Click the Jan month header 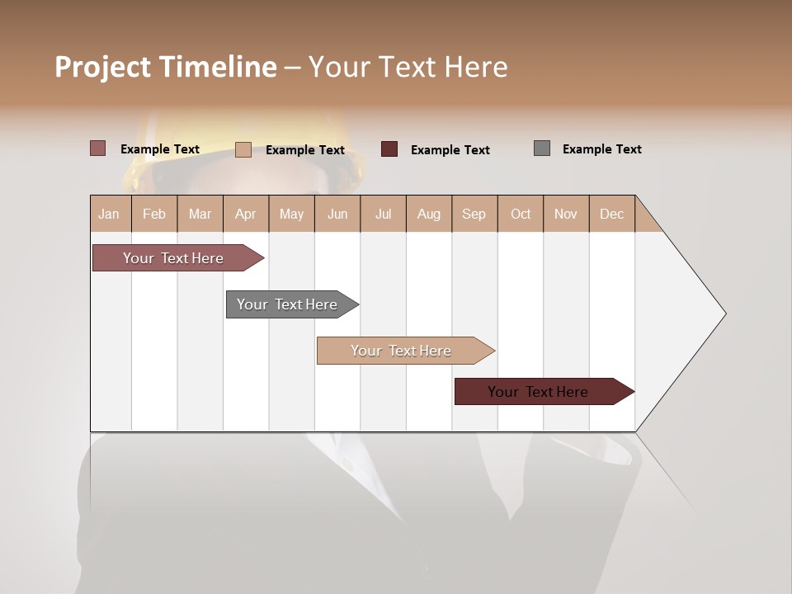pyautogui.click(x=110, y=214)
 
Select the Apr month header pyautogui.click(x=246, y=214)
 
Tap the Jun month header pyautogui.click(x=337, y=214)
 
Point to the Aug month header pyautogui.click(x=429, y=214)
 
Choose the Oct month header pyautogui.click(x=521, y=214)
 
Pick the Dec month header pyautogui.click(x=611, y=214)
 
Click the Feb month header pyautogui.click(x=154, y=214)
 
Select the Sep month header pyautogui.click(x=474, y=214)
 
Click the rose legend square pyautogui.click(x=98, y=148)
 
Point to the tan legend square pyautogui.click(x=243, y=149)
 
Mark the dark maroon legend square pyautogui.click(x=389, y=148)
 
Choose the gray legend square pyautogui.click(x=542, y=148)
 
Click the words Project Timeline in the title pyautogui.click(x=166, y=67)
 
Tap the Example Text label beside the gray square pyautogui.click(x=601, y=149)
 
